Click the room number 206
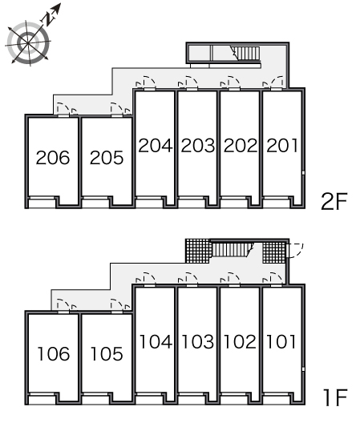[x=53, y=158]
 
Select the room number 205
[x=107, y=158]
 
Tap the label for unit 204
[x=156, y=146]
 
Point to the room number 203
[x=198, y=146]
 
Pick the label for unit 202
[x=241, y=146]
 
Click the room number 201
[x=282, y=146]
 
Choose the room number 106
[x=54, y=353]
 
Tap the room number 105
[x=107, y=353]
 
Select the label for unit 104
[x=156, y=341]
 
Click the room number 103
[x=198, y=341]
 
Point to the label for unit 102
[x=240, y=341]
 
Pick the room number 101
[x=281, y=341]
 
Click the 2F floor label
[x=334, y=201]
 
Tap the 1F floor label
[x=335, y=397]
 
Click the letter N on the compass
[x=48, y=18]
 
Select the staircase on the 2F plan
[x=245, y=54]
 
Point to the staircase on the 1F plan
[x=233, y=249]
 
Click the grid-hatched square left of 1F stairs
[x=198, y=251]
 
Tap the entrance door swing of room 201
[x=274, y=83]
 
